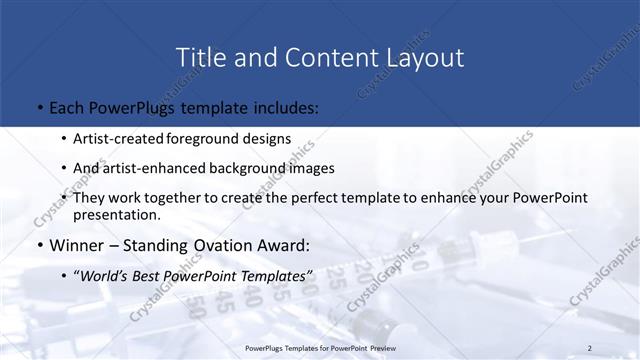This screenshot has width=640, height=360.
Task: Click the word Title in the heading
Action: tap(200, 57)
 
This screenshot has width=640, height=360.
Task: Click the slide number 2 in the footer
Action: tap(590, 348)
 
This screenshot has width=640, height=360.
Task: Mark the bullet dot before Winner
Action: tap(38, 246)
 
